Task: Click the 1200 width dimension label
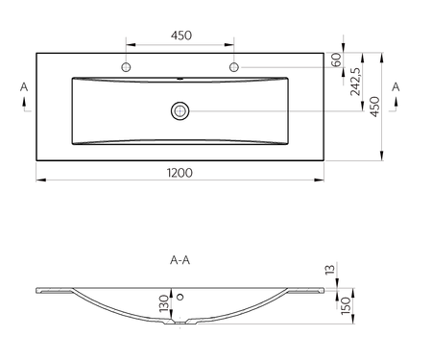pyautogui.click(x=180, y=173)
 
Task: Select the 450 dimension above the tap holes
pyautogui.click(x=181, y=36)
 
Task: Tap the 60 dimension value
pyautogui.click(x=336, y=60)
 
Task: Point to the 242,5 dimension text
pyautogui.click(x=355, y=82)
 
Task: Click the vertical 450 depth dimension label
pyautogui.click(x=374, y=107)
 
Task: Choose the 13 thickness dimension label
pyautogui.click(x=330, y=269)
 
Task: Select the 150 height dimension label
pyautogui.click(x=346, y=305)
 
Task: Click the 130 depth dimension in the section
pyautogui.click(x=164, y=303)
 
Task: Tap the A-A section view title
pyautogui.click(x=180, y=260)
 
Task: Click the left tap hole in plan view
pyautogui.click(x=126, y=67)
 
